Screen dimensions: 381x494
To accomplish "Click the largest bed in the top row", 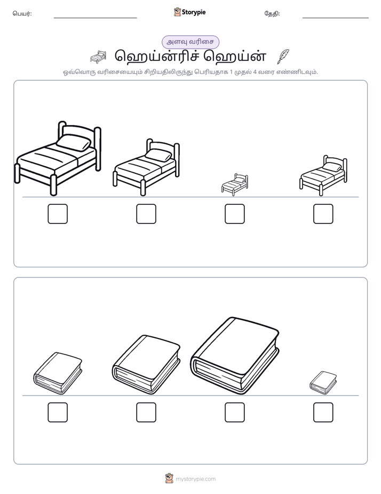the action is coord(58,158).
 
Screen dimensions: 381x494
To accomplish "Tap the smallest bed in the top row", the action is coord(234,184).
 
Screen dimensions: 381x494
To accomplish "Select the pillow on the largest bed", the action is coord(74,142).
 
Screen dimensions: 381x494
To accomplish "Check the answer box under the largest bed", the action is coord(58,214).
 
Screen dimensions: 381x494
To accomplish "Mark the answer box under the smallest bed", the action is coord(234,214).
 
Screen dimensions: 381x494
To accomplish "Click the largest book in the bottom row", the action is coord(234,356).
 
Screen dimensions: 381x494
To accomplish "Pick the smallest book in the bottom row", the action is coord(323,382).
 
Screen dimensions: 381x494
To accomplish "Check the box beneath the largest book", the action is coord(234,412).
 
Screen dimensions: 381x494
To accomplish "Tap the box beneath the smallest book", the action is coord(323,412).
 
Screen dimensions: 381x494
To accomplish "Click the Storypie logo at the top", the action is coord(189,12).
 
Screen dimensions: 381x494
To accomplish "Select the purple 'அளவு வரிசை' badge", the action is coord(190,42).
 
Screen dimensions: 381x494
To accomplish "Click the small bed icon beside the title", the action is coord(98,57).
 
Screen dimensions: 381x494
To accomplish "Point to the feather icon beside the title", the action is coord(283,57).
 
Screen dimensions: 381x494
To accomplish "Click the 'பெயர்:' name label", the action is coord(22,13).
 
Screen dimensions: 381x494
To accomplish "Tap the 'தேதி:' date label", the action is coord(272,13).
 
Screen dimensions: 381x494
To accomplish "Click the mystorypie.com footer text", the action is coord(195,479).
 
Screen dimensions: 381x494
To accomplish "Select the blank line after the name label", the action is coord(95,18).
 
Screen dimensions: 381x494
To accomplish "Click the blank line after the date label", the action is coord(336,18).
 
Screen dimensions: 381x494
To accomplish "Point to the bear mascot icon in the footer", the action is coord(169,478).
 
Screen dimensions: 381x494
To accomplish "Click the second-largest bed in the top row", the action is coord(146,167).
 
